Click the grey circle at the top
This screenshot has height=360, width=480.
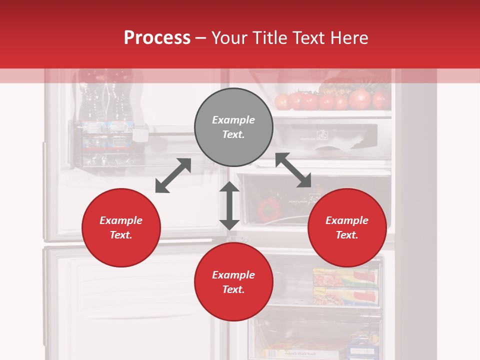click(233, 127)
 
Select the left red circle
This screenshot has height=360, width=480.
click(121, 227)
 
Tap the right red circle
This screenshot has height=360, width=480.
click(347, 227)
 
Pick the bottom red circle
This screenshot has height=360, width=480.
click(233, 282)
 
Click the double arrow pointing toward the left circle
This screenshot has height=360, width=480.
click(173, 175)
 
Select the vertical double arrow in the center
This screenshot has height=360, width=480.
click(229, 205)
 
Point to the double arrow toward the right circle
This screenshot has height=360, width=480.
click(293, 170)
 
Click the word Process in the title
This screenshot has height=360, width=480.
click(157, 37)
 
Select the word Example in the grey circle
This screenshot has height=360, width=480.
click(233, 120)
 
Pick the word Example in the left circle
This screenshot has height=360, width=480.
click(121, 220)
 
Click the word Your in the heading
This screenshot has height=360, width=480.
click(228, 37)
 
